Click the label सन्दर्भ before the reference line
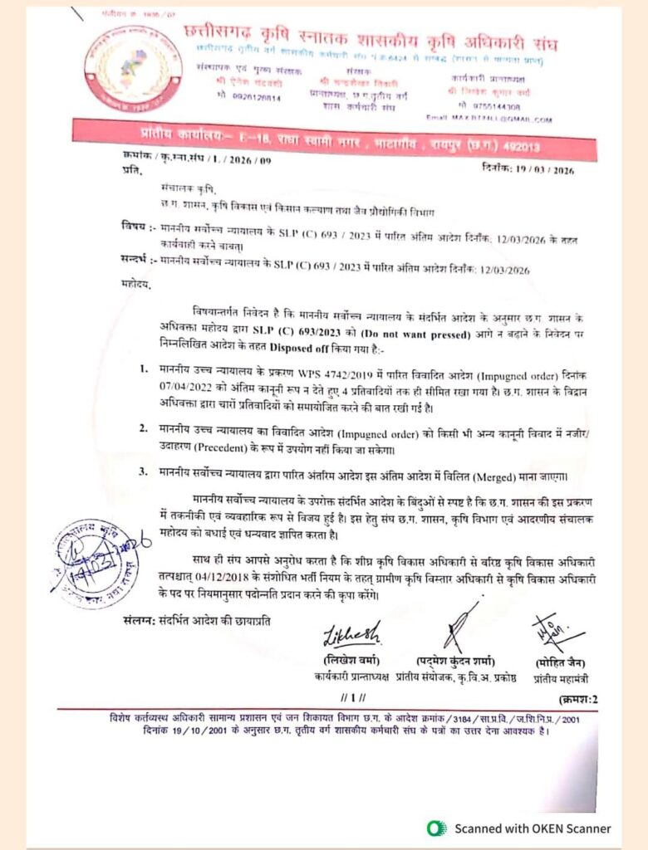pyautogui.click(x=134, y=261)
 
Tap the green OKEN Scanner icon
pyautogui.click(x=436, y=828)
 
